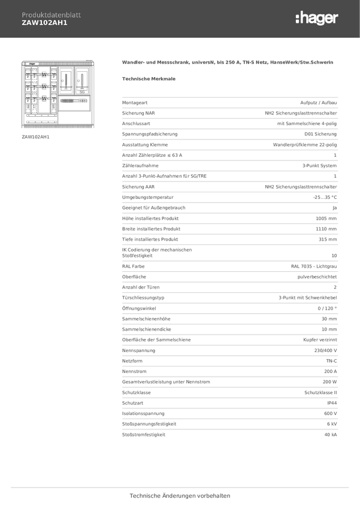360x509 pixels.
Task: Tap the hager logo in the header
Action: coord(316,19)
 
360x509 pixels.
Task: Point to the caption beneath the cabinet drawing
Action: coord(35,137)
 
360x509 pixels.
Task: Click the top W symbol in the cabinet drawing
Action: coord(44,74)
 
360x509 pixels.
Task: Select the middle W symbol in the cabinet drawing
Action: coord(44,87)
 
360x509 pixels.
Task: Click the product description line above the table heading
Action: coord(227,62)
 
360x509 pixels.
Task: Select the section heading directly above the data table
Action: coord(148,78)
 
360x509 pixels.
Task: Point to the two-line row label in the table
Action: coord(157,253)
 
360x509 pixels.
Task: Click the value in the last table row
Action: coord(331,435)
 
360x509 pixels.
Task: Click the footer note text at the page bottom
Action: coord(180,496)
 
